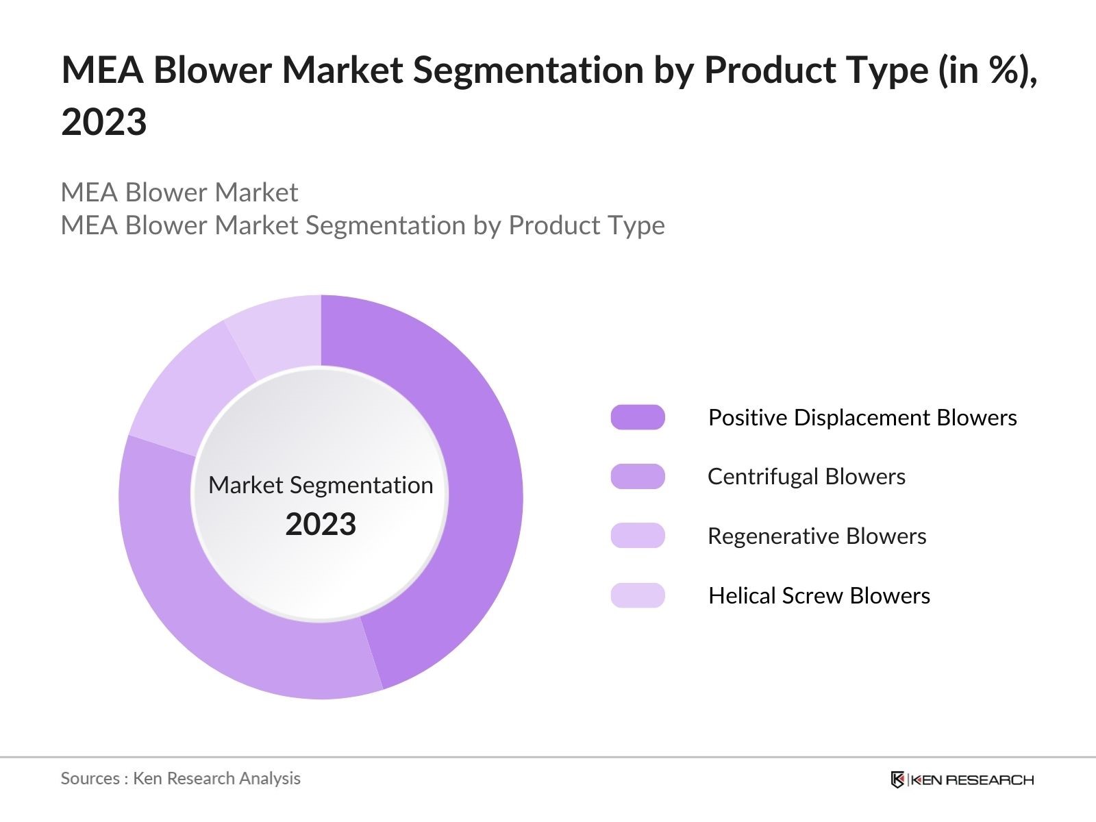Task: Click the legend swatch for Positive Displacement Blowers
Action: [x=638, y=417]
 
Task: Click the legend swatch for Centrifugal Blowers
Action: [x=638, y=477]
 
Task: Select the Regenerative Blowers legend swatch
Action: [x=638, y=536]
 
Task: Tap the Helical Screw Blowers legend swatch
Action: [x=638, y=595]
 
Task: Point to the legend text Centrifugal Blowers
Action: [x=806, y=477]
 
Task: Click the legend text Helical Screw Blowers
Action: [x=819, y=595]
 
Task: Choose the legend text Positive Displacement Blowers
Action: [x=862, y=417]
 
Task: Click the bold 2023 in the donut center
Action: [x=321, y=525]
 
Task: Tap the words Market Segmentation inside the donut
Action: [x=321, y=485]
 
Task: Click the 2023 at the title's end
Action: [x=104, y=123]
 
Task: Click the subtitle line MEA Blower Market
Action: [x=179, y=192]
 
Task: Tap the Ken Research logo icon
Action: [x=897, y=780]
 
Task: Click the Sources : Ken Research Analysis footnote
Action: [x=181, y=778]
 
